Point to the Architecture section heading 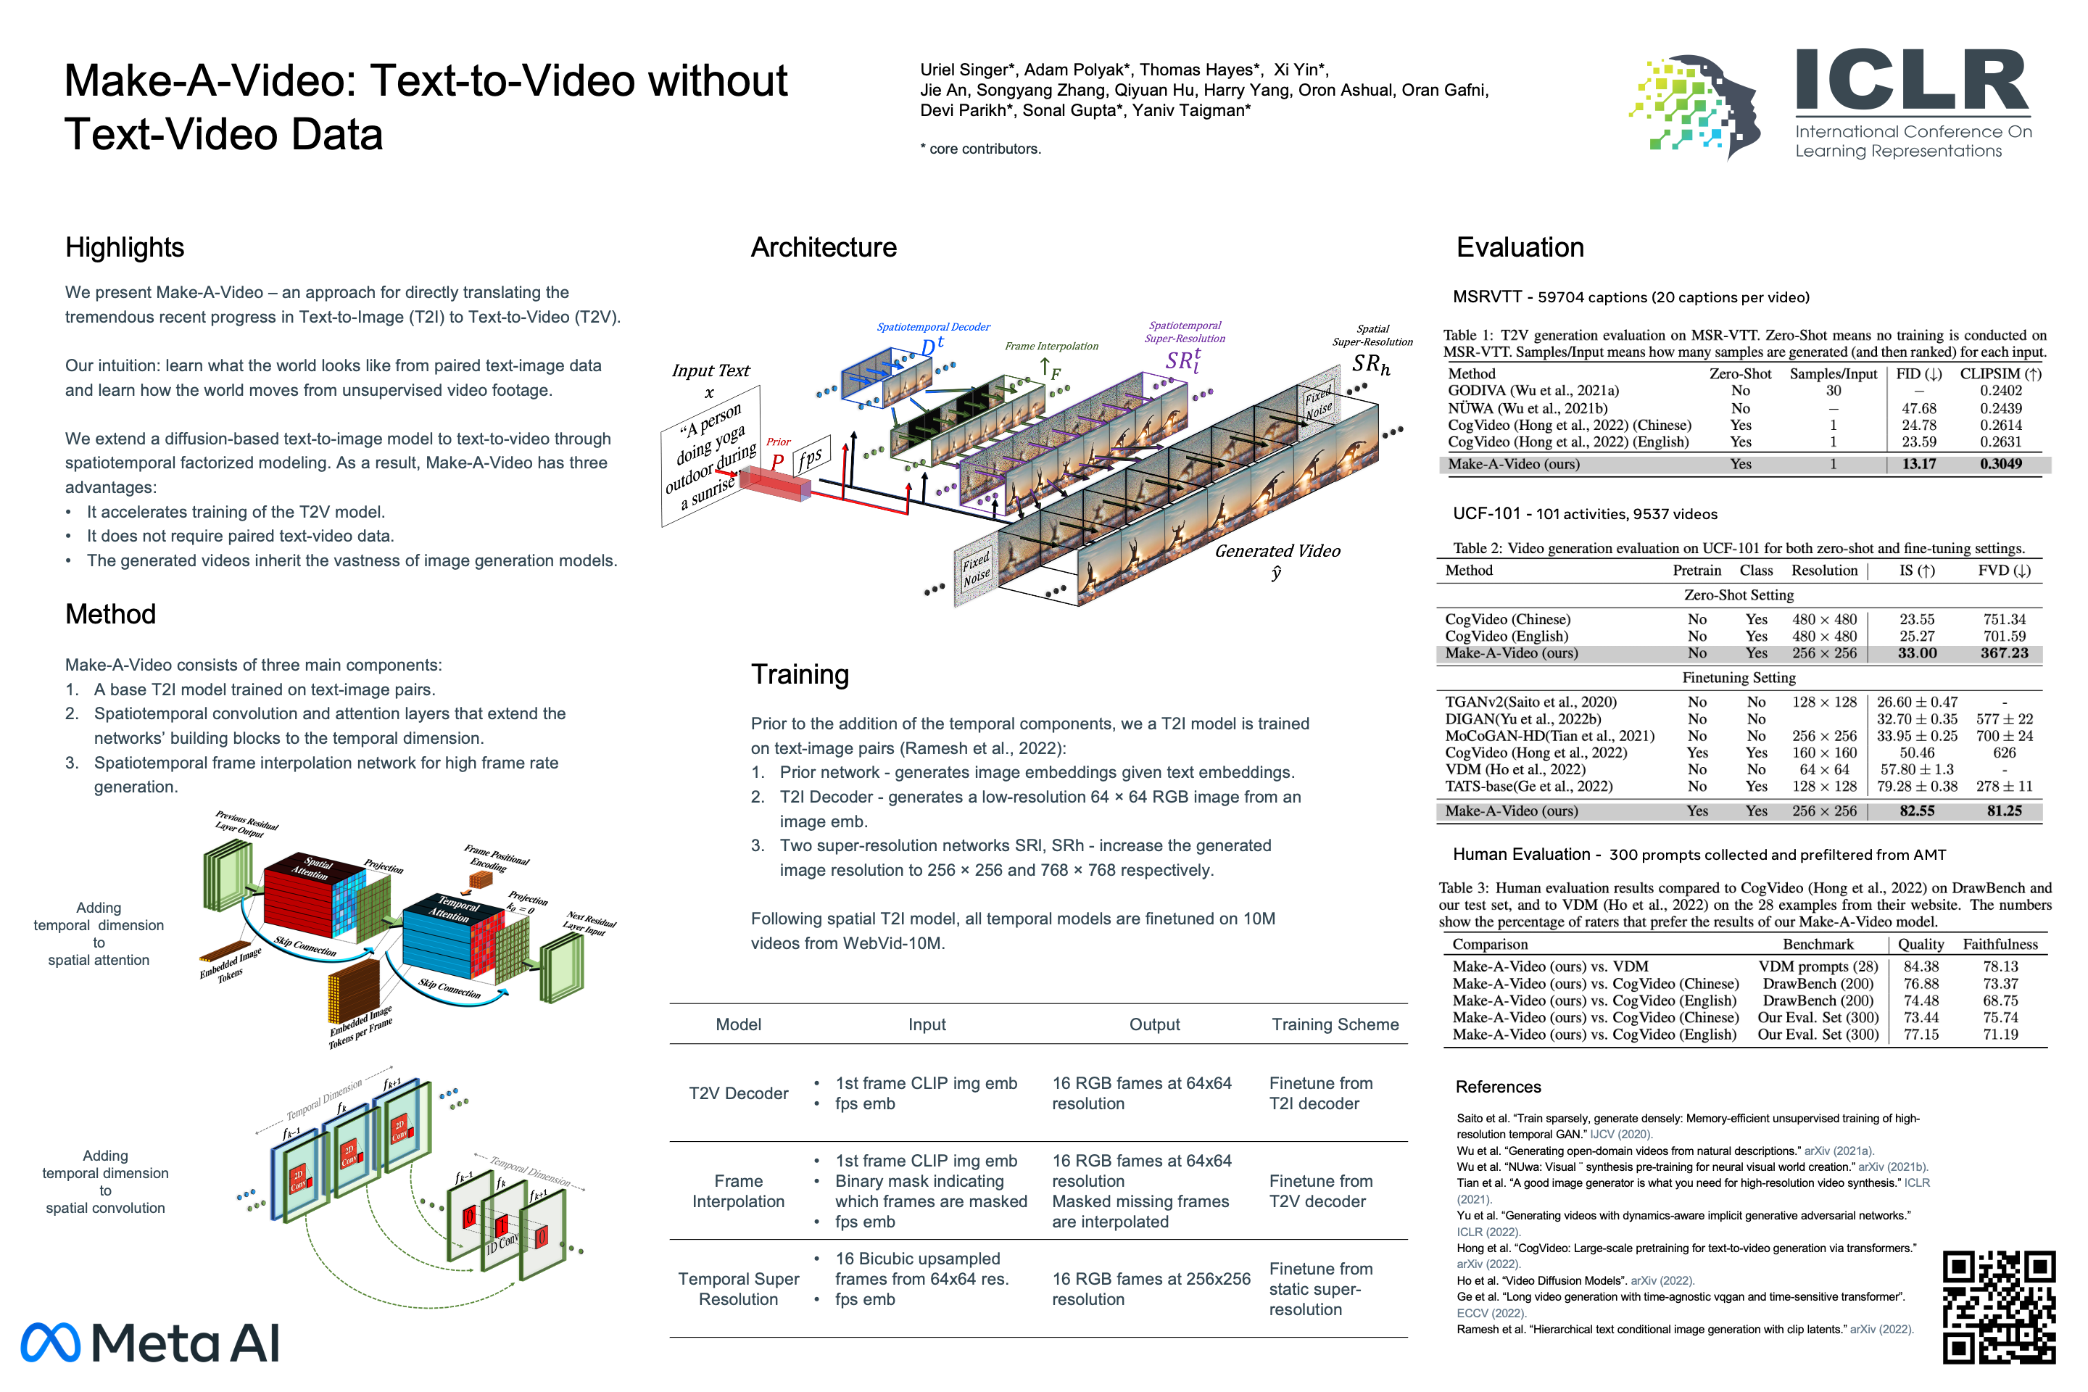pos(824,248)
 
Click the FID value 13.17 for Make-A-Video pos(1918,463)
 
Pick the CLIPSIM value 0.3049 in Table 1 pos(2000,463)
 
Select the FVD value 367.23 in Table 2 pos(2004,652)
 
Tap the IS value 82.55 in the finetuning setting pos(1918,811)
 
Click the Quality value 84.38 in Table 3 pos(1921,966)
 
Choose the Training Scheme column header pos(1335,1024)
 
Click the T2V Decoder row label pos(739,1094)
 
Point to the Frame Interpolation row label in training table pos(739,1191)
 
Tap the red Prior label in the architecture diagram pos(779,442)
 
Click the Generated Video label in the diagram pos(1277,550)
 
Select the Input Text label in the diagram pos(710,370)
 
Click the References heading pos(1499,1087)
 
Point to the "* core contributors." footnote pos(981,149)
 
